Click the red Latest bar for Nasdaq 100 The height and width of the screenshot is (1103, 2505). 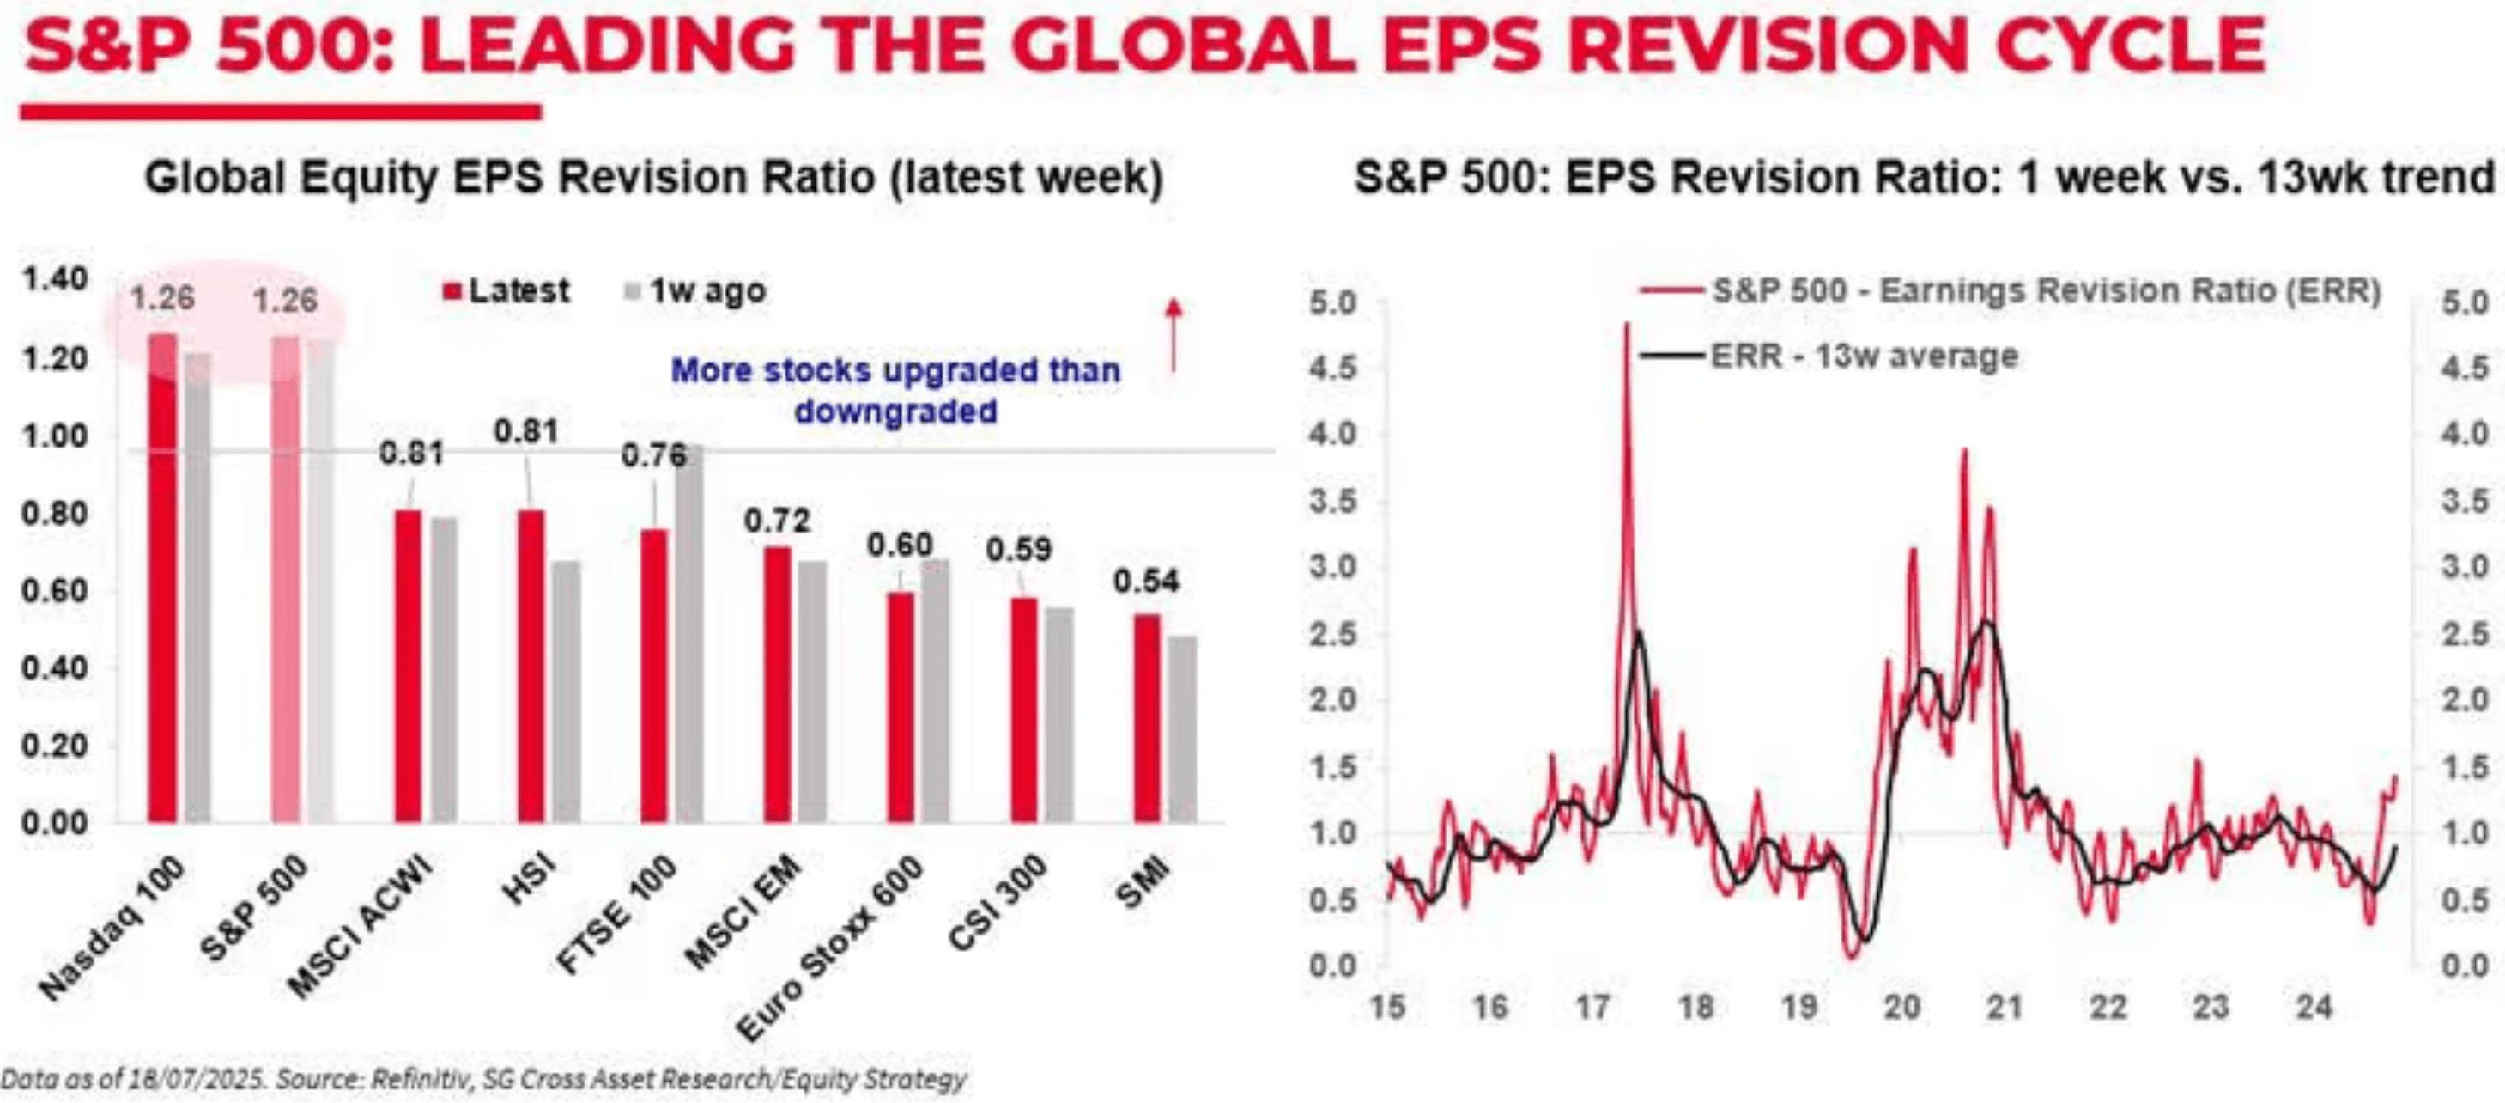(x=162, y=579)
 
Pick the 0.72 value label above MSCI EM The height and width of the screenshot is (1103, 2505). (x=777, y=521)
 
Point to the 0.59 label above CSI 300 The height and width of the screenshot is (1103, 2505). (x=1018, y=550)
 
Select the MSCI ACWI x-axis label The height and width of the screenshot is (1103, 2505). (x=361, y=924)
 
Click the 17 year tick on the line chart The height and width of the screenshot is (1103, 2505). (x=1592, y=1007)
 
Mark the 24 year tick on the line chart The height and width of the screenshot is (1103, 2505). (x=2314, y=1007)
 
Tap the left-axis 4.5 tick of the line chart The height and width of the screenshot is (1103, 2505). (x=1332, y=369)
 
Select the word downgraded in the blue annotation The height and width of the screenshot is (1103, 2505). (x=895, y=411)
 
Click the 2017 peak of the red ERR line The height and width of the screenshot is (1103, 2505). (x=1627, y=326)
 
